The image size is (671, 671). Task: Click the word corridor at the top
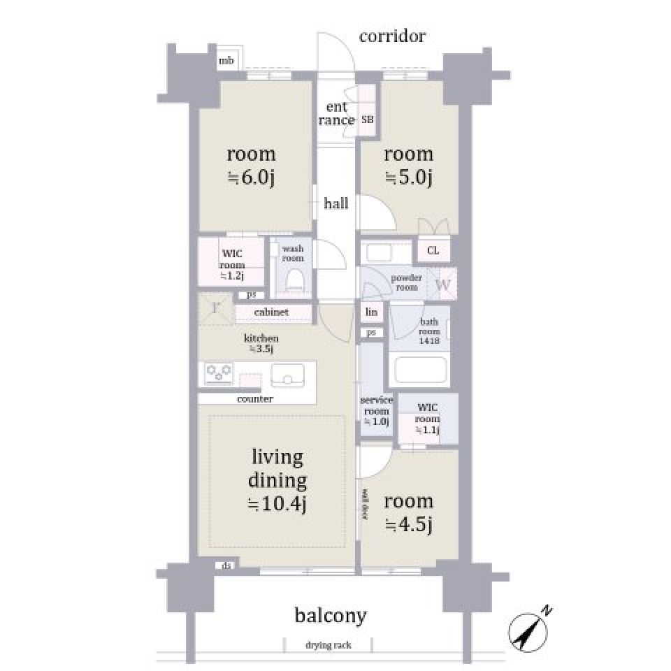(x=392, y=36)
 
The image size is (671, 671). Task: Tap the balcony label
(x=331, y=615)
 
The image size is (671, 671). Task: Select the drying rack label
(x=328, y=645)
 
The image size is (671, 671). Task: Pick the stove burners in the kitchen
(x=218, y=373)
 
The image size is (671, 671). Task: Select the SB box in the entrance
(x=367, y=120)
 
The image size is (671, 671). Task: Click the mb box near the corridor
(x=226, y=62)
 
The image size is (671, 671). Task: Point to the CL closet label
(x=433, y=250)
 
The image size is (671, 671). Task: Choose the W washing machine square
(x=442, y=284)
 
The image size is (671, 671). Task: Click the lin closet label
(x=372, y=312)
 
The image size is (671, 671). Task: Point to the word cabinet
(x=272, y=312)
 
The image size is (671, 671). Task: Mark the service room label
(x=376, y=411)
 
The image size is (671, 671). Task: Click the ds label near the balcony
(x=226, y=565)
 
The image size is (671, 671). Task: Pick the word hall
(x=335, y=204)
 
